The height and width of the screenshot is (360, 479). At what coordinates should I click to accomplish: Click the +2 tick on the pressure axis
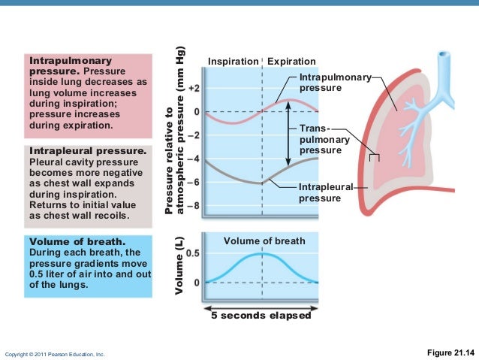194,88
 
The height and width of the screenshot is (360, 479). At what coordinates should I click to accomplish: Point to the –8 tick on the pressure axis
194,205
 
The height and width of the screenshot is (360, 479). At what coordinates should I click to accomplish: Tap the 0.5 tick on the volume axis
192,253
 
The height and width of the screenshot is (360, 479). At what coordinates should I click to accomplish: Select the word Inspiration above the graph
233,61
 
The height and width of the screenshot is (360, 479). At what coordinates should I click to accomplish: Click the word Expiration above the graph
291,61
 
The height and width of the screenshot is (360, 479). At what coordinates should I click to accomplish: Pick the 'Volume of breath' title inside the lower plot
264,241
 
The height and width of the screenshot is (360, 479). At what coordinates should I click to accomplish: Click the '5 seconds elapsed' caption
262,316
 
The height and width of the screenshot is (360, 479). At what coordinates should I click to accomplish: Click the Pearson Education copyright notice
55,353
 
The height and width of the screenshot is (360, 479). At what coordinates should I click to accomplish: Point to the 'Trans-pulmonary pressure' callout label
320,140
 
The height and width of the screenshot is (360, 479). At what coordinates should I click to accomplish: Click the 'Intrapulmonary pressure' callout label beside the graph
330,83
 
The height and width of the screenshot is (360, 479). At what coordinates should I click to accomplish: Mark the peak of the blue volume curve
261,254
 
